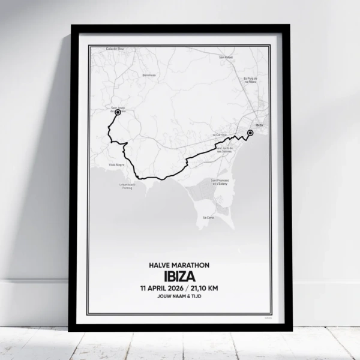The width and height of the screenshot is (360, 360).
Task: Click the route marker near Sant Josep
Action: (118, 112)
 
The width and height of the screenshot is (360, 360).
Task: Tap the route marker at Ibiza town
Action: (250, 133)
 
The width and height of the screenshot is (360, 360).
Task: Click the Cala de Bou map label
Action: (114, 48)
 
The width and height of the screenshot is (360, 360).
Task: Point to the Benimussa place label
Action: (149, 76)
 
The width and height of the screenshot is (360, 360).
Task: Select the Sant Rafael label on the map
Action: (226, 58)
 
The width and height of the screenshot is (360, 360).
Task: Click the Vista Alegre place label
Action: (116, 164)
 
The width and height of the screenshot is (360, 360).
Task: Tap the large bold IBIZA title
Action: (180, 276)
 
